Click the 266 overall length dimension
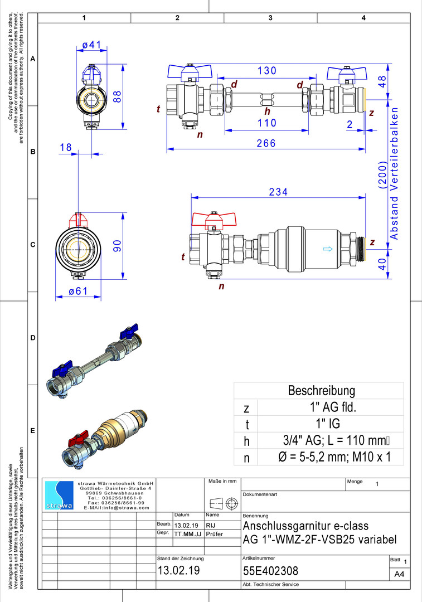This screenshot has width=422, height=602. point(266,143)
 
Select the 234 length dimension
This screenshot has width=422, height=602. point(278,192)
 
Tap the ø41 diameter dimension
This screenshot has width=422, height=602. point(91,44)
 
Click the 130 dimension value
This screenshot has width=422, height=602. point(268,71)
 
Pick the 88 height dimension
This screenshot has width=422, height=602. point(117,96)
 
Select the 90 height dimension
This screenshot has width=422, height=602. point(117,246)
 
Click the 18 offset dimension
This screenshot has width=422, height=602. point(66,147)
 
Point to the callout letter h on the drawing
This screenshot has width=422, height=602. point(268,111)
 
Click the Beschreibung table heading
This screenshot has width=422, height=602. point(321,390)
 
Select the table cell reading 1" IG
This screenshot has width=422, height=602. point(324,424)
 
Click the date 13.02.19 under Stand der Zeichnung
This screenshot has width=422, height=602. point(178,571)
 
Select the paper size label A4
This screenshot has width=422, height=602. point(399,574)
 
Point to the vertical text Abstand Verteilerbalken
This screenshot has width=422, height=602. point(394,173)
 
